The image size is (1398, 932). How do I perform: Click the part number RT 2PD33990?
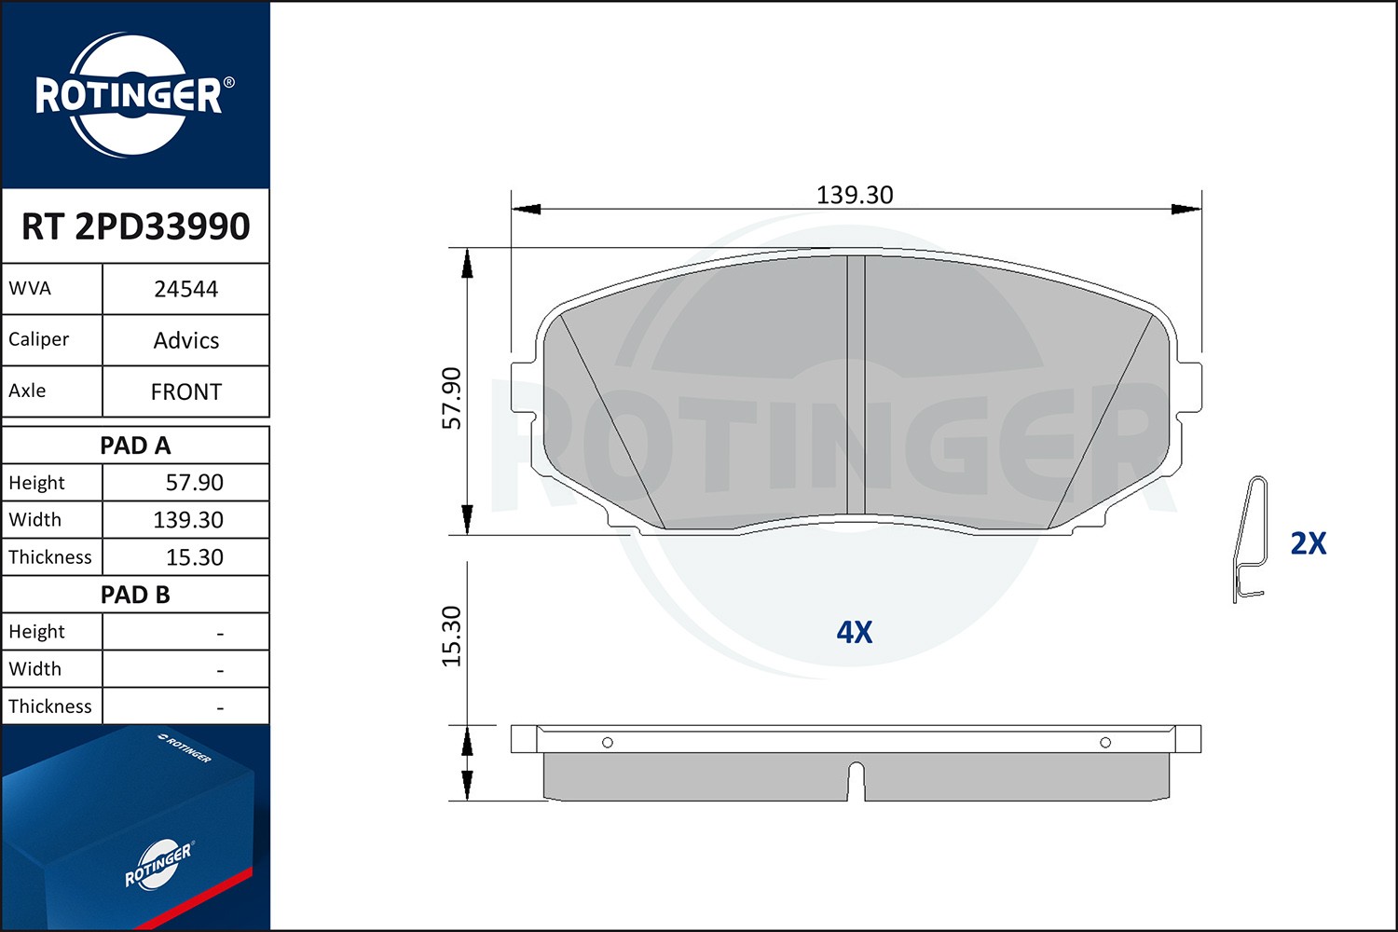pyautogui.click(x=135, y=226)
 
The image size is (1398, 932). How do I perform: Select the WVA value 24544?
pyautogui.click(x=186, y=289)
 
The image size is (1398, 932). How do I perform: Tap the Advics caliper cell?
pyautogui.click(x=186, y=340)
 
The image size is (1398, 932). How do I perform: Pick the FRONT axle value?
pyautogui.click(x=186, y=391)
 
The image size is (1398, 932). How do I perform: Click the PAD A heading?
pyautogui.click(x=135, y=445)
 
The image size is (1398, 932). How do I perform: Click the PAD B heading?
pyautogui.click(x=135, y=595)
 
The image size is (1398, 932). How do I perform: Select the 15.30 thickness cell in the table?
pyautogui.click(x=194, y=556)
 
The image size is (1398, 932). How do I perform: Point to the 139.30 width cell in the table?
pyautogui.click(x=188, y=519)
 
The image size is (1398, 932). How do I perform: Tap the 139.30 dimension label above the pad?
pyautogui.click(x=855, y=196)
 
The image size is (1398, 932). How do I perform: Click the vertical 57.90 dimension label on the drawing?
pyautogui.click(x=451, y=398)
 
